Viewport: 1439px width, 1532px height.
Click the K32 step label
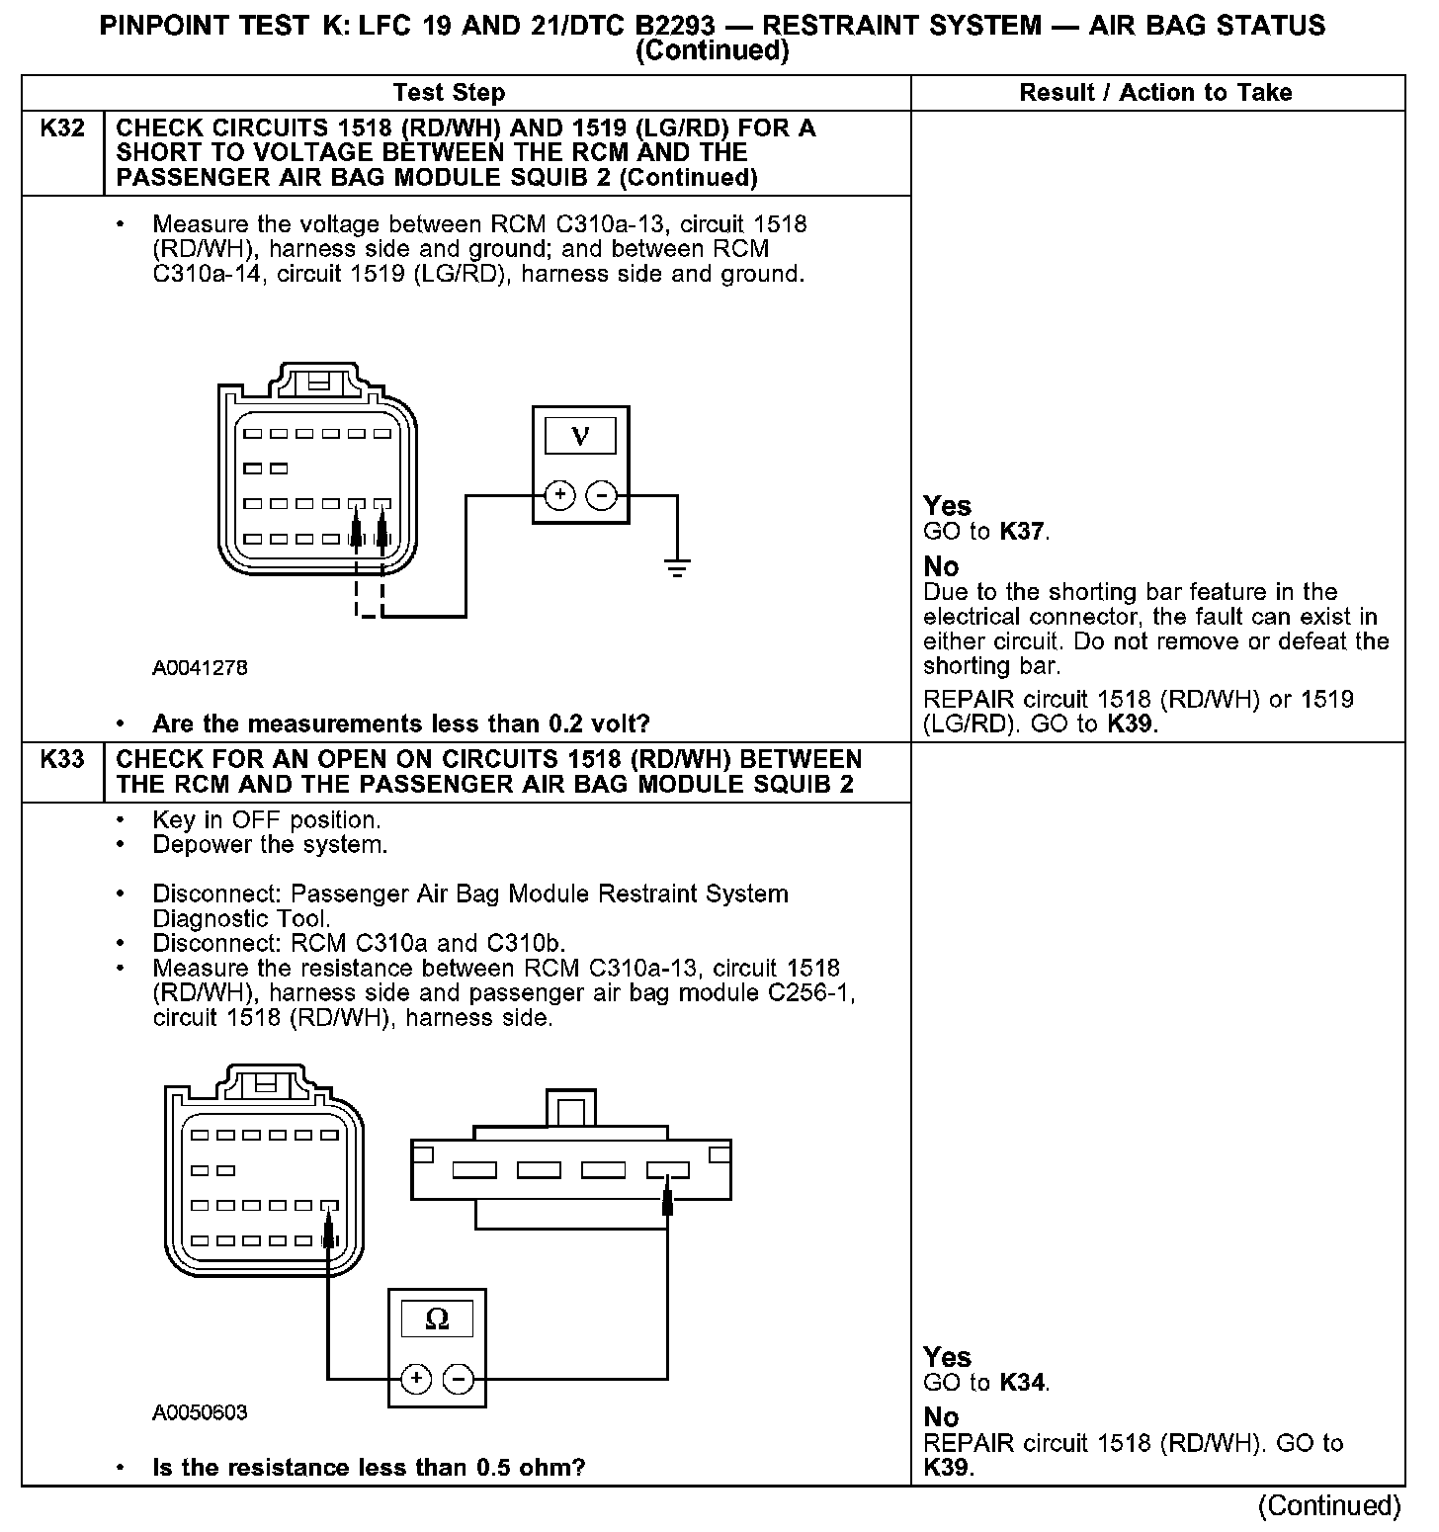coord(61,128)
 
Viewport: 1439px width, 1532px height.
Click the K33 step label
coord(61,760)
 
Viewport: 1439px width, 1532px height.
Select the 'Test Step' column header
coord(449,93)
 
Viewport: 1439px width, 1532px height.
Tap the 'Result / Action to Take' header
coord(1155,93)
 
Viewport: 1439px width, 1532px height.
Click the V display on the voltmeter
coord(580,436)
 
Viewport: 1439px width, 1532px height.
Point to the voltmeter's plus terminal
coord(559,495)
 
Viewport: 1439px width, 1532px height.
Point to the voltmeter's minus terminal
coord(602,495)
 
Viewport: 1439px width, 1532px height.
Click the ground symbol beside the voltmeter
coord(677,567)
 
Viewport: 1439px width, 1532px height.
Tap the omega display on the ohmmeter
coord(436,1319)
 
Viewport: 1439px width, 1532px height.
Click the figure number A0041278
coord(200,668)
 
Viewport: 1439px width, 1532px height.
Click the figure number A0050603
coord(200,1412)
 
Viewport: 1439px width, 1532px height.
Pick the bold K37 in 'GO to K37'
coord(1022,532)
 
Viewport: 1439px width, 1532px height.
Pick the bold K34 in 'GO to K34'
coord(1022,1383)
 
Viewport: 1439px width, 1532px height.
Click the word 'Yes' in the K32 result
coord(947,506)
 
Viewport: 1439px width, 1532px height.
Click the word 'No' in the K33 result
coord(941,1417)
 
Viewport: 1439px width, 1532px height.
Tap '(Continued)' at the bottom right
coord(1329,1505)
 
